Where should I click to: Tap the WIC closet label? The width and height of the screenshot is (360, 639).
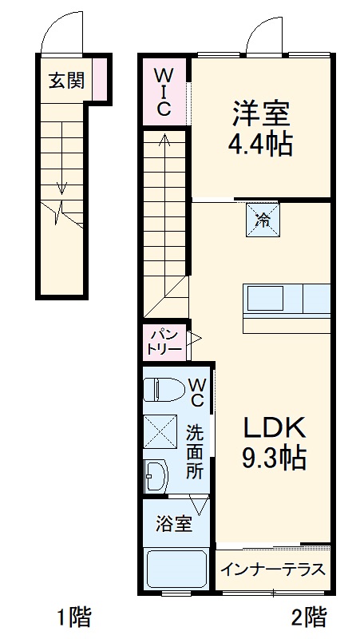click(163, 93)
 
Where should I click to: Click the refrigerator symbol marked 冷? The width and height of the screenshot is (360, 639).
click(262, 217)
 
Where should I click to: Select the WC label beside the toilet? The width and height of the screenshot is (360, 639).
click(196, 390)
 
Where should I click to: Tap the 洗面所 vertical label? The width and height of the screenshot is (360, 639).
click(196, 452)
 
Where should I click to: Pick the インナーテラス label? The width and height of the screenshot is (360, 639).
click(273, 570)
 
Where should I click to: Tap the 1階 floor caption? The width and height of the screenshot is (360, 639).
click(73, 617)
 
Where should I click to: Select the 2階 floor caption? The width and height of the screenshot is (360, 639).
click(308, 617)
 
